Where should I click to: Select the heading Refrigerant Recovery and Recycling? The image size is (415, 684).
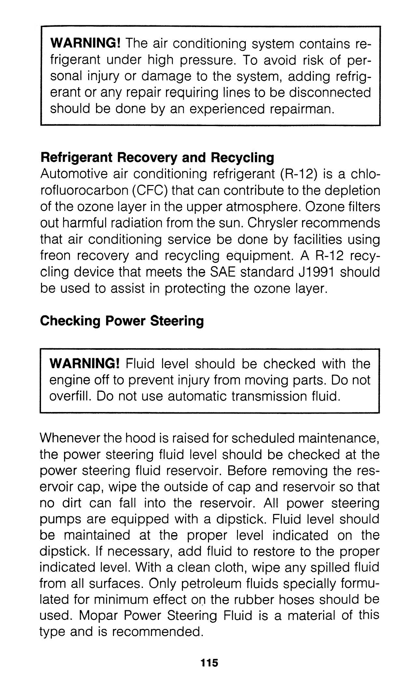point(157,158)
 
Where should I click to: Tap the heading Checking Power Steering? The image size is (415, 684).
point(122,321)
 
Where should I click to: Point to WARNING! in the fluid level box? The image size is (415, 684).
point(85,363)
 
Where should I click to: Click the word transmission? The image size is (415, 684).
point(262,396)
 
